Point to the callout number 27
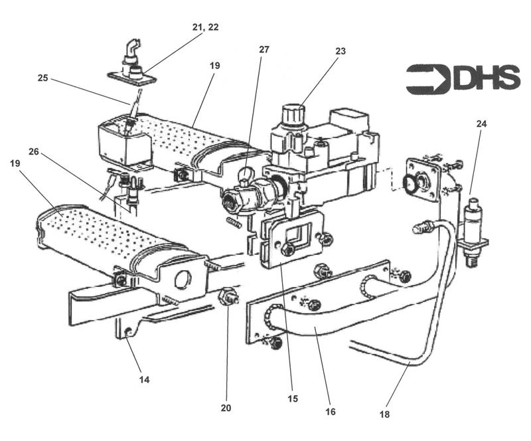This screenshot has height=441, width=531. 264,49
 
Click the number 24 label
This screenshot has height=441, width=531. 481,124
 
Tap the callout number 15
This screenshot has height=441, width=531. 293,399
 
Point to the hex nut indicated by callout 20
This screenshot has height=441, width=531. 226,296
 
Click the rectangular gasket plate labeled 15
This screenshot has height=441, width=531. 291,237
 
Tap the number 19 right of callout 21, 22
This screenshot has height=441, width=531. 214,66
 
